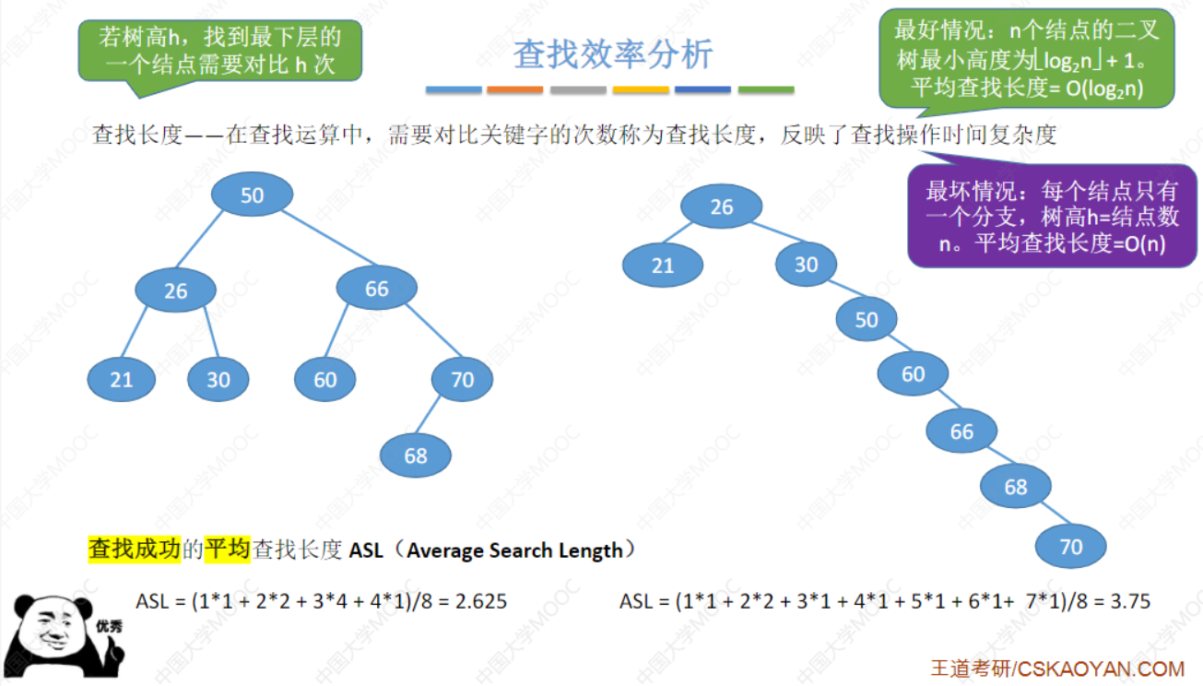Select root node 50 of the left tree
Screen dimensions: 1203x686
point(252,195)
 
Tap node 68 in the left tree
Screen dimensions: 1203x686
point(416,455)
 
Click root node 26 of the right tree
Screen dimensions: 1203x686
point(722,207)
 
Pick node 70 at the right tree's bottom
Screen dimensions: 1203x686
point(1070,547)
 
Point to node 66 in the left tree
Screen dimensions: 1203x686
point(377,289)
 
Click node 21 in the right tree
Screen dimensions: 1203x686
point(663,266)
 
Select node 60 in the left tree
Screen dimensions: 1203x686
point(325,380)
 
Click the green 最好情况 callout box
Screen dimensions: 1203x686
point(1026,57)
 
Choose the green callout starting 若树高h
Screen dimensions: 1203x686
point(219,51)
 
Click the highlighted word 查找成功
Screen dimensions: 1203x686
point(135,550)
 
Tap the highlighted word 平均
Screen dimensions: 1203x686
point(228,550)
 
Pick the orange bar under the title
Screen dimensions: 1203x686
point(514,90)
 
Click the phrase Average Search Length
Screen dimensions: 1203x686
point(514,550)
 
